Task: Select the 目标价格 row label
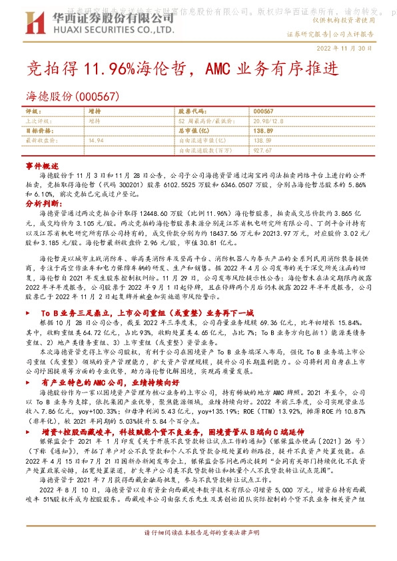tap(37, 131)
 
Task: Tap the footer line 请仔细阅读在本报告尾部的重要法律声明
tap(198, 552)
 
